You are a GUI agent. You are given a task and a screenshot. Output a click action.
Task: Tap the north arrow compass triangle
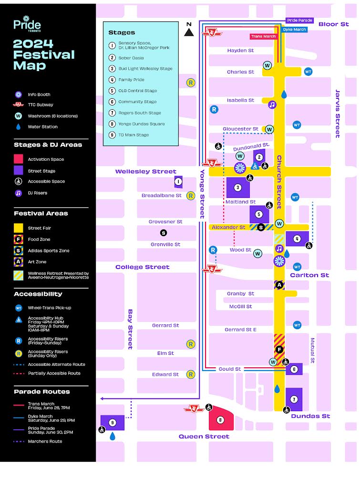coord(189,31)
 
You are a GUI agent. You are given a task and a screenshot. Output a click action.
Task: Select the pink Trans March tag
coord(263,36)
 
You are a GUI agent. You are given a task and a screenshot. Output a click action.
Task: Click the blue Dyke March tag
coord(294,30)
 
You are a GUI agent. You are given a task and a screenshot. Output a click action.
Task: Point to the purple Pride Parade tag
coord(299,21)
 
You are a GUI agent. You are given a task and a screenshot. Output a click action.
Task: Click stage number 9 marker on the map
coord(113,422)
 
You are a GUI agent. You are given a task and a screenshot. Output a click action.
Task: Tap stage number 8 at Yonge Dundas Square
coord(220,420)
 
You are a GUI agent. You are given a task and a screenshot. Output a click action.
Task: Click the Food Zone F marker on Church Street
coord(279,350)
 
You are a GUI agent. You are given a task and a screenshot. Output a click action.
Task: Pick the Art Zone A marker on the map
coord(279,285)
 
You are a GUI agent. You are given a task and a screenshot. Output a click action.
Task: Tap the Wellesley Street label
coord(145,171)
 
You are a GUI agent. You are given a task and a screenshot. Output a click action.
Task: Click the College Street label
coord(142,267)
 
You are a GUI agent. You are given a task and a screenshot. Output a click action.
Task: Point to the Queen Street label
coord(204,436)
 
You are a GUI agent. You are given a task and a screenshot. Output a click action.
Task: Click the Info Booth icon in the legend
coord(18,94)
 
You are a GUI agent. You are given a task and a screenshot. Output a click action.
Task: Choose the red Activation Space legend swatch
coord(18,159)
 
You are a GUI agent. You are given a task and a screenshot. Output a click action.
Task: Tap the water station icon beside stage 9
coord(113,436)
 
